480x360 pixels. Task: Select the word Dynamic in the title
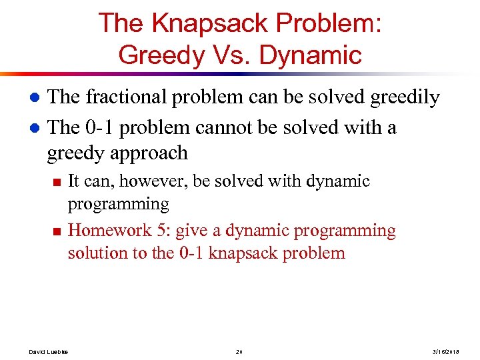point(310,54)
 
